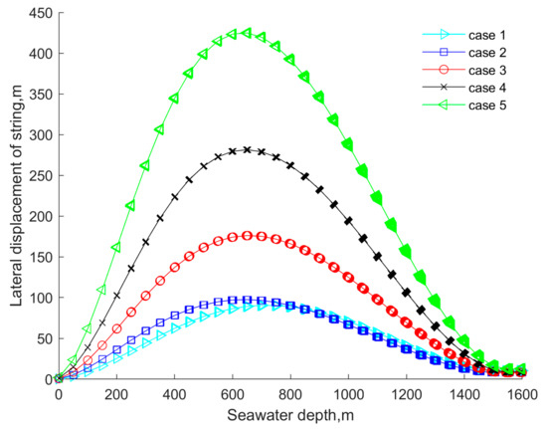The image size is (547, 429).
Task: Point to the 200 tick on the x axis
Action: pyautogui.click(x=116, y=394)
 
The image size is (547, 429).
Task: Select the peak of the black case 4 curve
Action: pyautogui.click(x=247, y=150)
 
